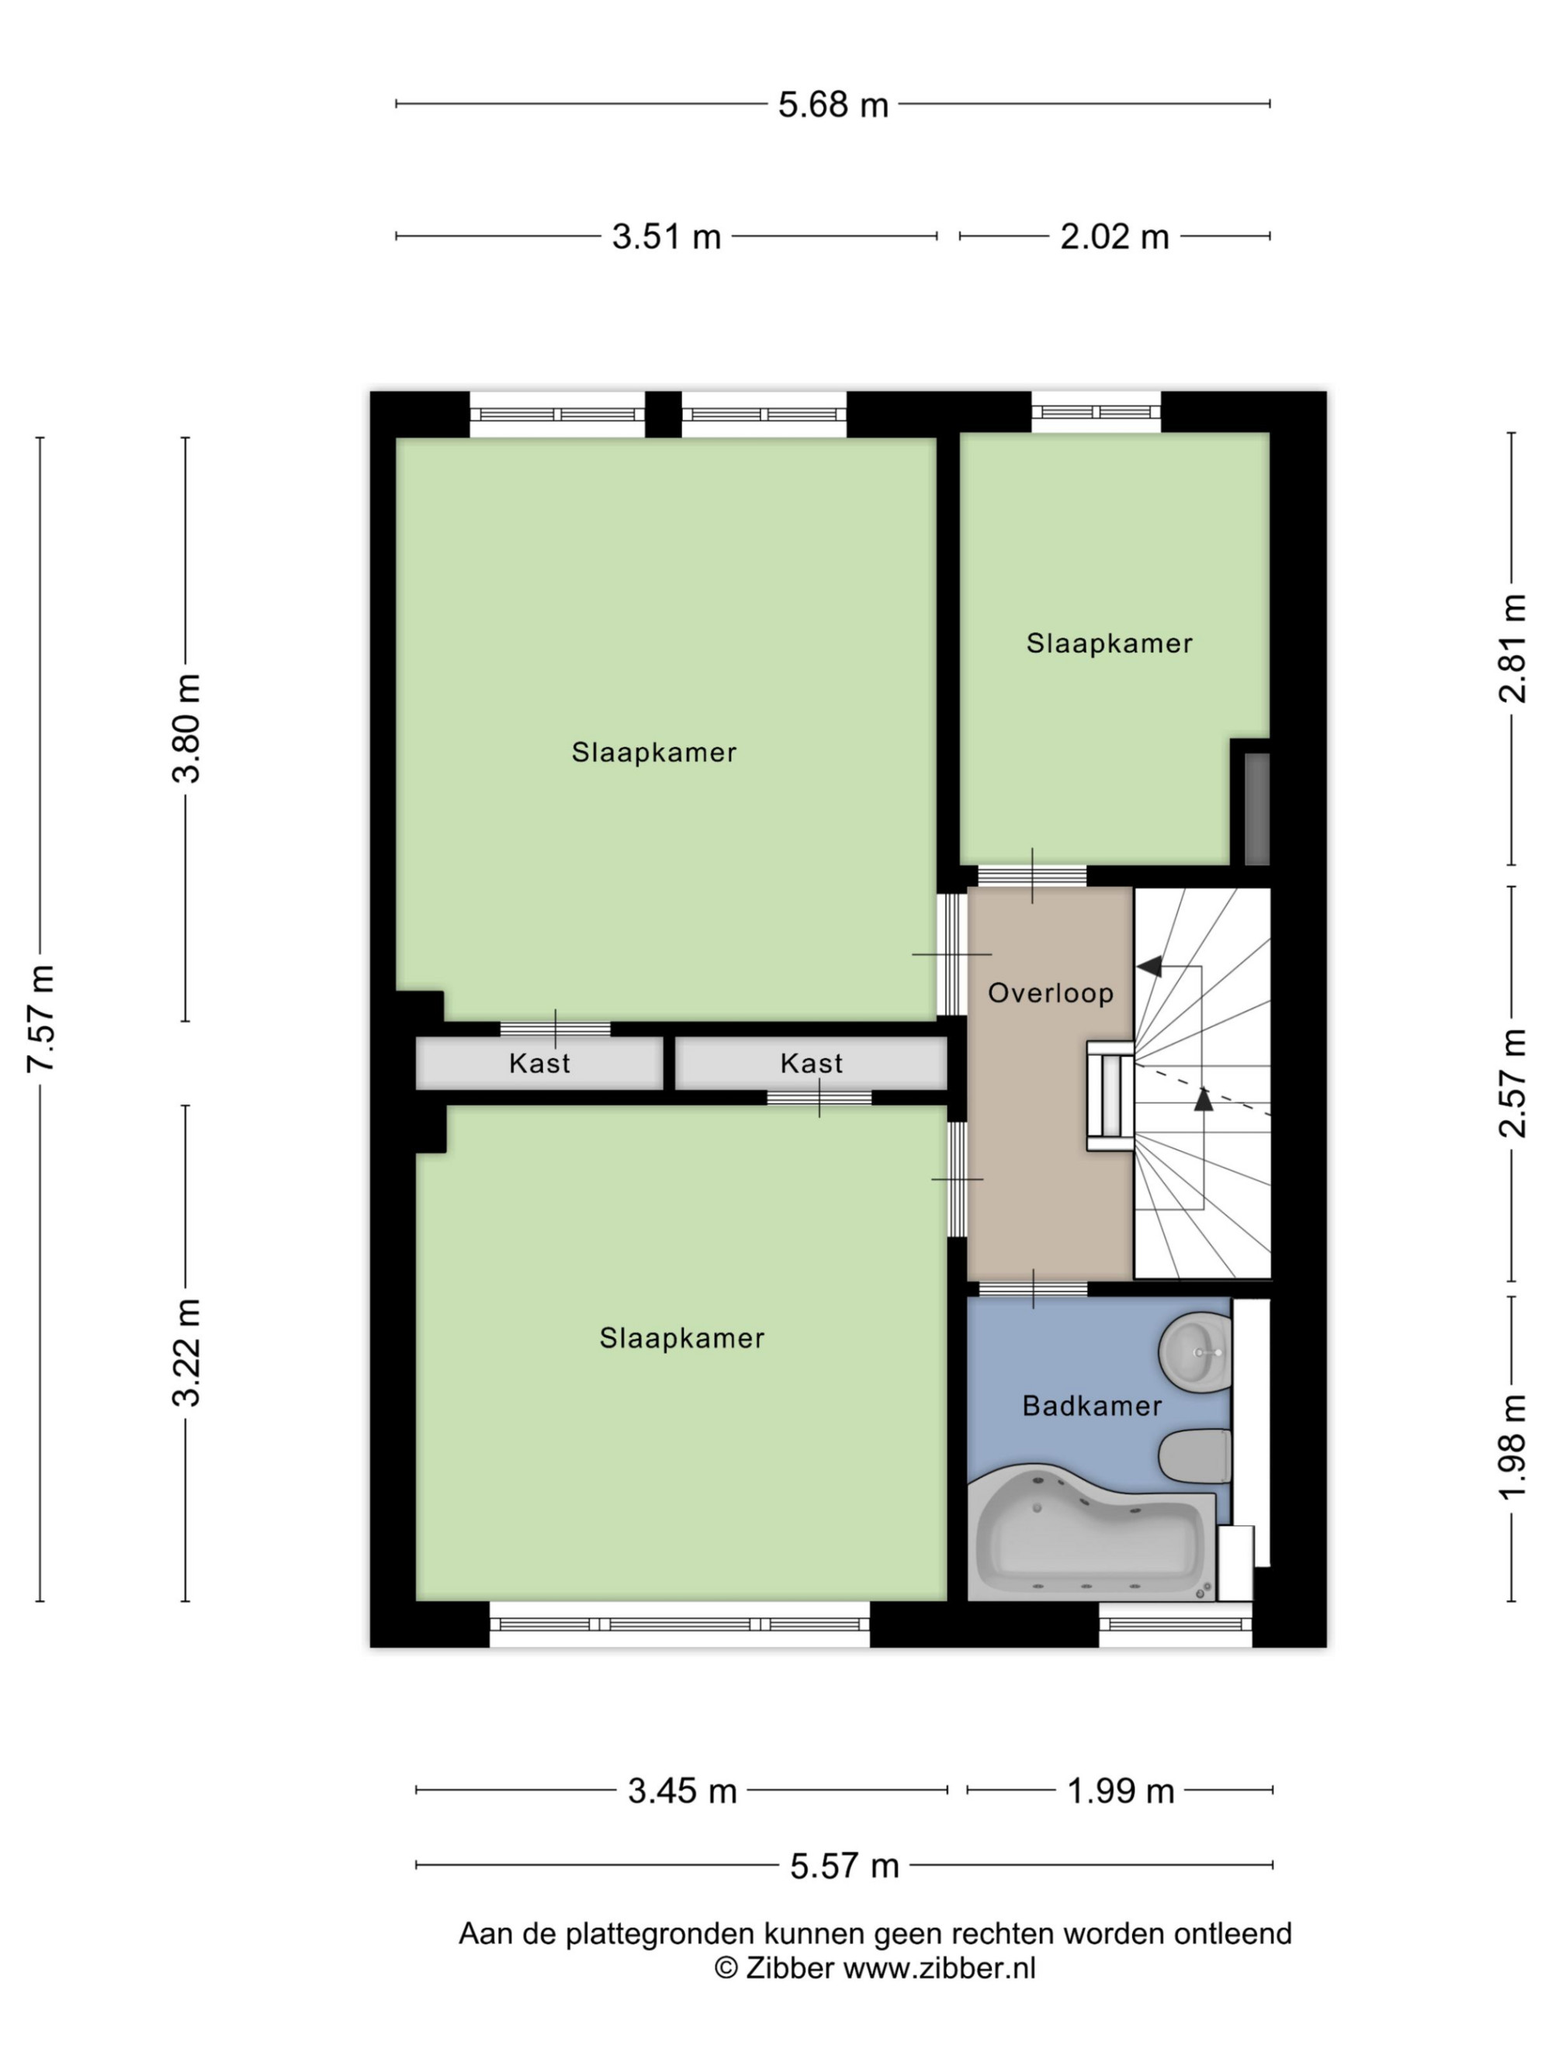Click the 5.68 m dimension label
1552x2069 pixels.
tap(833, 104)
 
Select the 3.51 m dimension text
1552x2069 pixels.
tap(666, 236)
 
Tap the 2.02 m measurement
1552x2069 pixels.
tap(1114, 236)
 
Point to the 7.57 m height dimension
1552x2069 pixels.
tap(41, 1017)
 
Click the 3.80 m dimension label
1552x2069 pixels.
tap(186, 728)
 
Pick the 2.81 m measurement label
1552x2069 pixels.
tap(1512, 649)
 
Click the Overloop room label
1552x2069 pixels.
tap(1051, 992)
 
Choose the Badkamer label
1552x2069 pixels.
tap(1092, 1406)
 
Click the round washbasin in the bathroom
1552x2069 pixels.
tap(1194, 1351)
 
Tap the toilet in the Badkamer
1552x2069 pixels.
tap(1194, 1455)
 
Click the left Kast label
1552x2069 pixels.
tap(540, 1064)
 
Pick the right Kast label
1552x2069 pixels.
tap(811, 1064)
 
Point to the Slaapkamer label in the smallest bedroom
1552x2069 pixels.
tap(1110, 644)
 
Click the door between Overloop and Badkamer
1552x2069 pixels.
tap(1033, 1289)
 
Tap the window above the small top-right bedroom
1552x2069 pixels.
tap(1096, 412)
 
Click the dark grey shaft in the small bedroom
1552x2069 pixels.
tap(1256, 809)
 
